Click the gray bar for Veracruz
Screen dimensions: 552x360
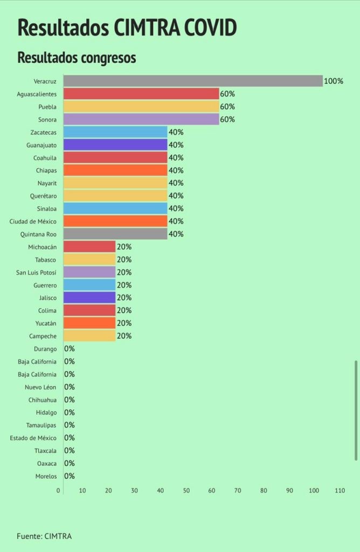point(193,81)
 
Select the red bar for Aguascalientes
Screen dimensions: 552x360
point(141,94)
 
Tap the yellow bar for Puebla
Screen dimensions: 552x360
point(141,107)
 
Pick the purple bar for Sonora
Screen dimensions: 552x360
point(141,119)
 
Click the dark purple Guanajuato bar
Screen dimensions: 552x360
point(115,144)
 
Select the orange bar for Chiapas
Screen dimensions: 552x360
point(115,170)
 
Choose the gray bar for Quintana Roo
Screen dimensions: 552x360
point(115,234)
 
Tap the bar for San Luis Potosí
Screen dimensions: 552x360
point(89,272)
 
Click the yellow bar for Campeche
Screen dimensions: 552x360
point(89,336)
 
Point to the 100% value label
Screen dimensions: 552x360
point(333,81)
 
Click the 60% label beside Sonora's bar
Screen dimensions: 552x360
point(227,119)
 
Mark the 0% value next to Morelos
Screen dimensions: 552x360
point(70,476)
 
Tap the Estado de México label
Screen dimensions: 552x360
point(33,438)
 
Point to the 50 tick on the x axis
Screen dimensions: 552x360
point(186,491)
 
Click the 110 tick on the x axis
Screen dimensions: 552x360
point(340,491)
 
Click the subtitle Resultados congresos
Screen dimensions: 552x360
point(77,58)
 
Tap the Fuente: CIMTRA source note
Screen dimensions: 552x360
point(44,536)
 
